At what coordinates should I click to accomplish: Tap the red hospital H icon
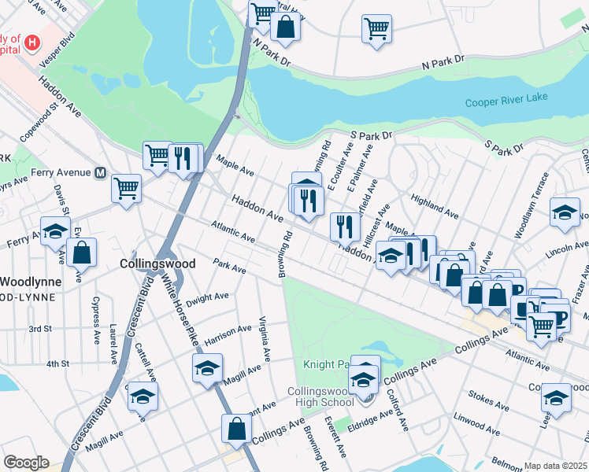32,42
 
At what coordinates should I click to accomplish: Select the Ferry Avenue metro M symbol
100,172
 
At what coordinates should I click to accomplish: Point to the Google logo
26,463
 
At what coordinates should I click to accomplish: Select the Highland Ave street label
434,208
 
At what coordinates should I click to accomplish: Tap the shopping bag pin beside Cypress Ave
81,253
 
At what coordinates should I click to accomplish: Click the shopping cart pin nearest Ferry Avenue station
126,189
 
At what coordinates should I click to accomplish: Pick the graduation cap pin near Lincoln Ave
565,213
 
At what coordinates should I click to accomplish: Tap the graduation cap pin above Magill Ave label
207,368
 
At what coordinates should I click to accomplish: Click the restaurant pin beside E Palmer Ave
345,227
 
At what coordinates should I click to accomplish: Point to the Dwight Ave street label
209,297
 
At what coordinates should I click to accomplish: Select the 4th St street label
57,363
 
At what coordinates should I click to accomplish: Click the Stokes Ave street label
490,406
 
